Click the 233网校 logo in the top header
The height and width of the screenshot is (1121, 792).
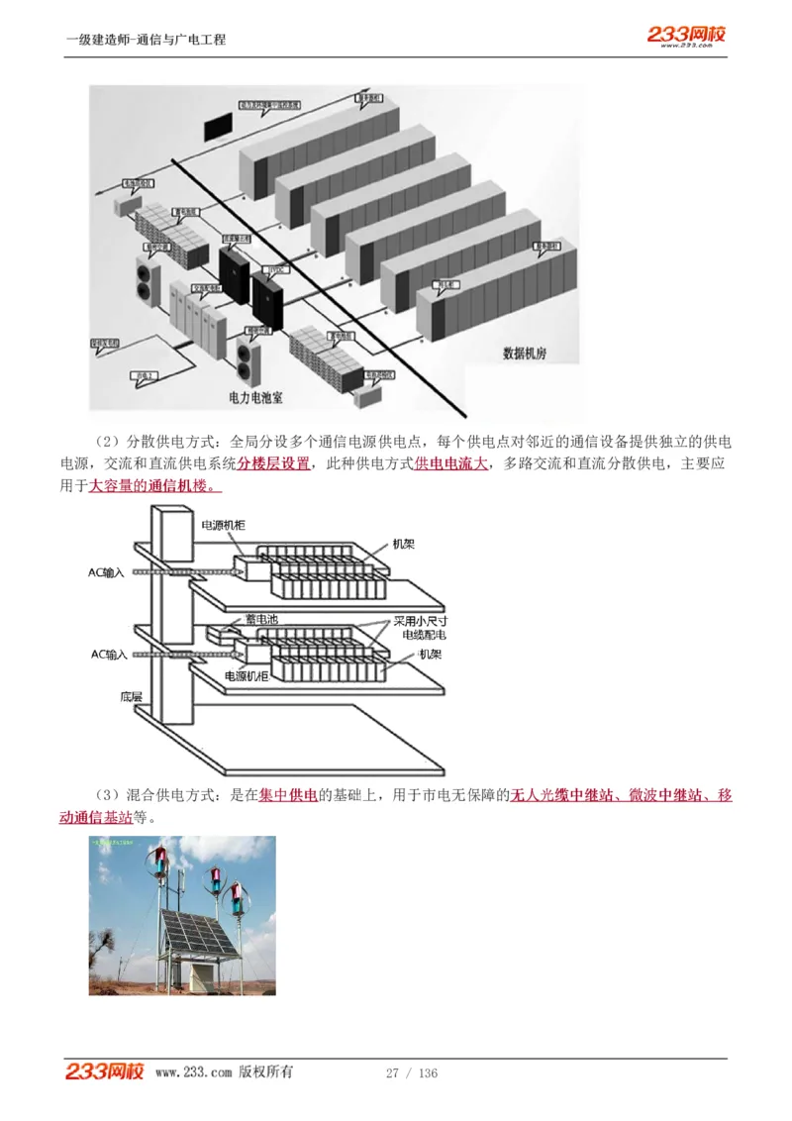click(686, 36)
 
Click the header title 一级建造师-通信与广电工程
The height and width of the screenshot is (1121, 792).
click(146, 40)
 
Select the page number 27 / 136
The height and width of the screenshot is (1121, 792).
click(411, 1073)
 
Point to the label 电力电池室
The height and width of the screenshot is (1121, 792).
click(255, 397)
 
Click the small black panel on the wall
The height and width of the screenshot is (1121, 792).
click(217, 127)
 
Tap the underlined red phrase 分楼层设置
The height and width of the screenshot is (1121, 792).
click(273, 463)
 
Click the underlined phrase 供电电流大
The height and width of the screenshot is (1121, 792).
click(450, 463)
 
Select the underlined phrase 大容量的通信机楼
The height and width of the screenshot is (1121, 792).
click(155, 486)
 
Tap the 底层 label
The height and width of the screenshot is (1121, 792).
click(133, 696)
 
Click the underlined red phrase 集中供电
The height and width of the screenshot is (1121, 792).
click(288, 795)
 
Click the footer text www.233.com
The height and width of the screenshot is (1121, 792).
click(193, 1072)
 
